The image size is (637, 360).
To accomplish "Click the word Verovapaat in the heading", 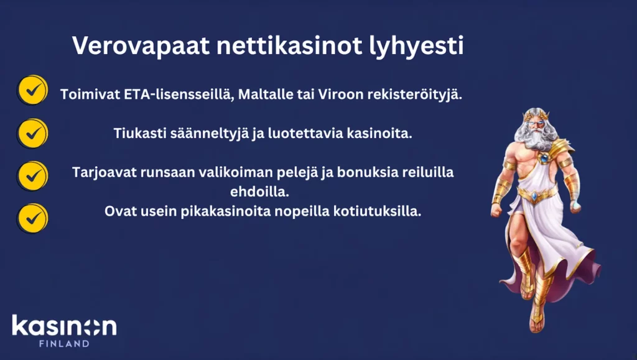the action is (141, 45).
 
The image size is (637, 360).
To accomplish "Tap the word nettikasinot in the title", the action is (289, 45).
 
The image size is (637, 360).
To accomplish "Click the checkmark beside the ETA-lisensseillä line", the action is (32, 90).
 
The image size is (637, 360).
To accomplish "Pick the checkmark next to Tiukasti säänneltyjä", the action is (32, 133).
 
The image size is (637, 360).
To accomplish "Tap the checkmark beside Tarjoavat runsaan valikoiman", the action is (32, 176).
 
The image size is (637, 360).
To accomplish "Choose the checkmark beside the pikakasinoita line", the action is (32, 218).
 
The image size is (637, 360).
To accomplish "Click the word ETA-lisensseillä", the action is (179, 95).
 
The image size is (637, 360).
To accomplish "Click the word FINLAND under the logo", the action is (64, 344).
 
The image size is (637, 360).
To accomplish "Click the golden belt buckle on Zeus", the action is (534, 196).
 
